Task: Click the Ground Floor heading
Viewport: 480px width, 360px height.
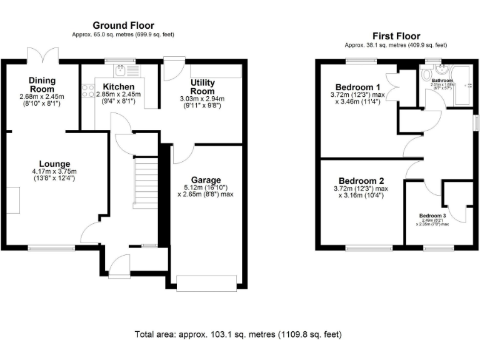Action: (x=123, y=25)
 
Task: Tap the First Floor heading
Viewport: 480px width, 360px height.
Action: (x=396, y=36)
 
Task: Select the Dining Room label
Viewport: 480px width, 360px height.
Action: (x=42, y=84)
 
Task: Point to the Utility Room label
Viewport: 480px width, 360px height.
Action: (x=202, y=87)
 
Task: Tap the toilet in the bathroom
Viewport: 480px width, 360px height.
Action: (x=427, y=74)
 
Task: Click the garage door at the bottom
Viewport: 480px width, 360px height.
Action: (x=206, y=282)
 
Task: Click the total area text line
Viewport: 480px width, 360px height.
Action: (x=239, y=334)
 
